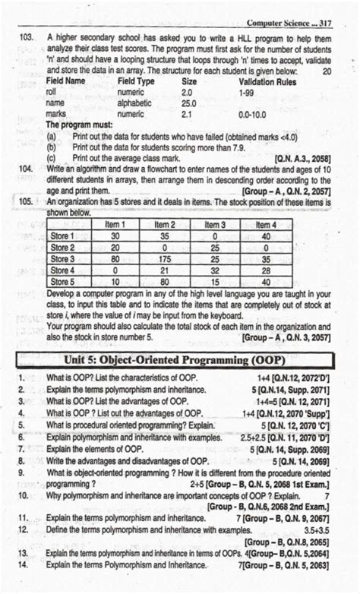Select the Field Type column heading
click(x=137, y=81)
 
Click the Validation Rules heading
click(x=267, y=81)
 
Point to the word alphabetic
click(x=137, y=102)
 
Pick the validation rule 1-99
click(x=247, y=91)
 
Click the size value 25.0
click(x=189, y=102)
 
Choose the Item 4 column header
click(x=265, y=224)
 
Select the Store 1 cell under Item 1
click(x=116, y=236)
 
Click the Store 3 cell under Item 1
click(x=116, y=259)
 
